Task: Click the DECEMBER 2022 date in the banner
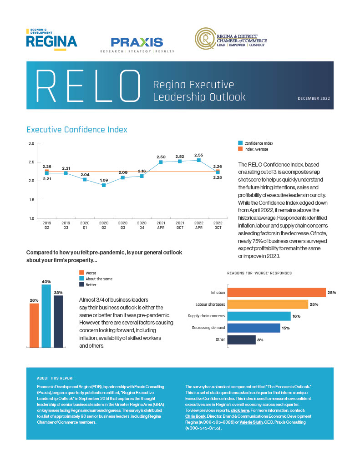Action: click(x=314, y=98)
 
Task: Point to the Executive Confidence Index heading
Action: click(x=77, y=130)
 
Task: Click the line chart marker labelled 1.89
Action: click(x=104, y=185)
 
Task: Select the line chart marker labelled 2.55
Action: click(x=198, y=160)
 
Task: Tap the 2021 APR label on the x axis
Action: click(x=161, y=225)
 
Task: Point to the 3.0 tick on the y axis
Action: click(x=31, y=143)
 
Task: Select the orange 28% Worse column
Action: click(x=34, y=325)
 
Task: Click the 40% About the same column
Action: click(x=46, y=316)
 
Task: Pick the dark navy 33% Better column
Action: click(x=58, y=321)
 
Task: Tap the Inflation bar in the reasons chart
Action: click(x=276, y=292)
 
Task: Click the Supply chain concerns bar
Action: click(x=259, y=316)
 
